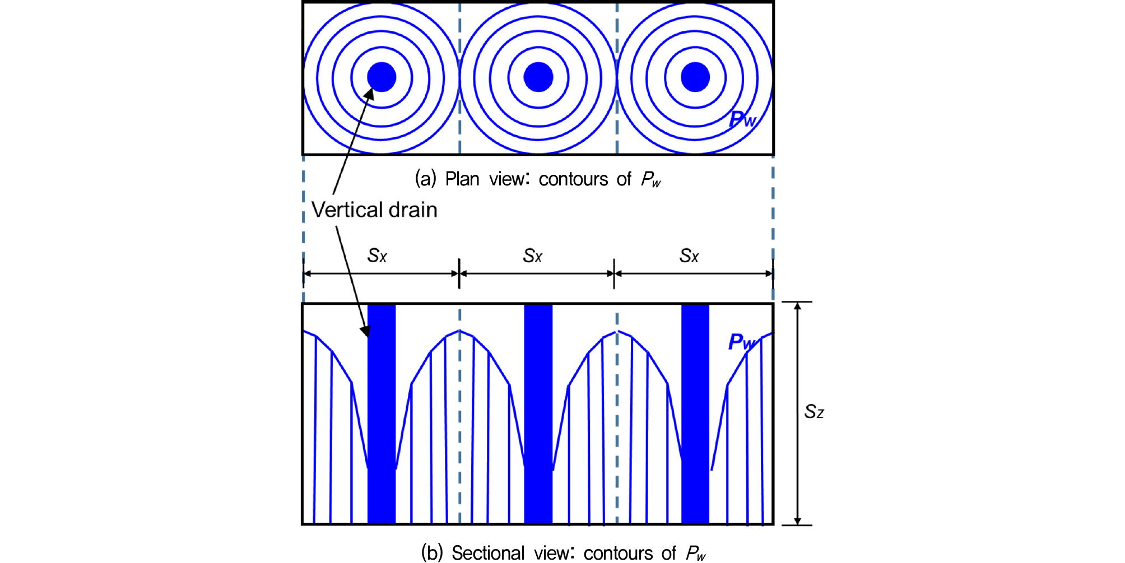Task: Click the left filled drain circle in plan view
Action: (382, 77)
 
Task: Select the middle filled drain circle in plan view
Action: (538, 77)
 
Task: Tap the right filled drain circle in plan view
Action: (695, 77)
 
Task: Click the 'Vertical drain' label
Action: (374, 210)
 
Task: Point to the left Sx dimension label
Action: (377, 255)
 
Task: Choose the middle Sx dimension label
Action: (533, 255)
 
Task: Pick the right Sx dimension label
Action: (689, 255)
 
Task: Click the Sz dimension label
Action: (814, 412)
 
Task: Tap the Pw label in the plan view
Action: (743, 119)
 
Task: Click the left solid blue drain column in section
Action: (382, 413)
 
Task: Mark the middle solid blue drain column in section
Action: (538, 413)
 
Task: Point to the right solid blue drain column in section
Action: (695, 413)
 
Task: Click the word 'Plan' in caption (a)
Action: (462, 179)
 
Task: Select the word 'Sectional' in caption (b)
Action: (488, 553)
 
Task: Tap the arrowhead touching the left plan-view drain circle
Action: (370, 94)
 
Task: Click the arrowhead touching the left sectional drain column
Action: (365, 331)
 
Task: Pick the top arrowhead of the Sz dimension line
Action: (798, 306)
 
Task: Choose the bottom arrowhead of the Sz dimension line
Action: (798, 521)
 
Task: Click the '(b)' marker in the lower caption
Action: (432, 553)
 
